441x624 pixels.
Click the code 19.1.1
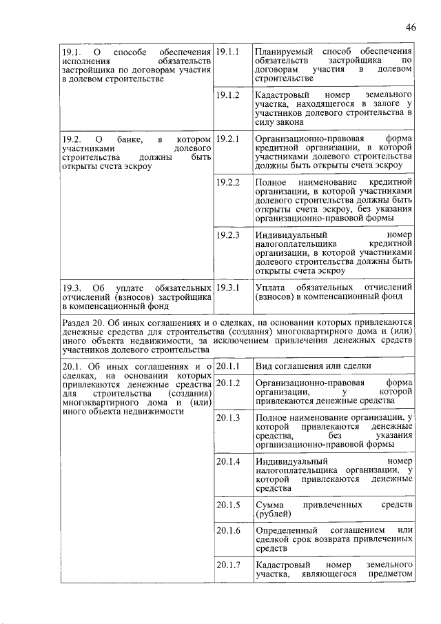click(227, 52)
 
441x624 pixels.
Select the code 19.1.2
click(227, 94)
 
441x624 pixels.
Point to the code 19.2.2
click(227, 182)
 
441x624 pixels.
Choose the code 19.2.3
click(227, 234)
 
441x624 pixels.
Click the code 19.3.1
click(227, 287)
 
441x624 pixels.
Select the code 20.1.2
click(227, 383)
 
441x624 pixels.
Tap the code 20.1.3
click(227, 417)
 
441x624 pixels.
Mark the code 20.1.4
click(227, 461)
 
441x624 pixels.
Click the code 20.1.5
click(227, 505)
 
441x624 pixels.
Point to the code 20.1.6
click(227, 530)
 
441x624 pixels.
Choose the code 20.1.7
click(227, 565)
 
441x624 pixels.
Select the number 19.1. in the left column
click(72, 52)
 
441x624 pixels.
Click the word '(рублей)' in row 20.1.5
click(274, 514)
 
